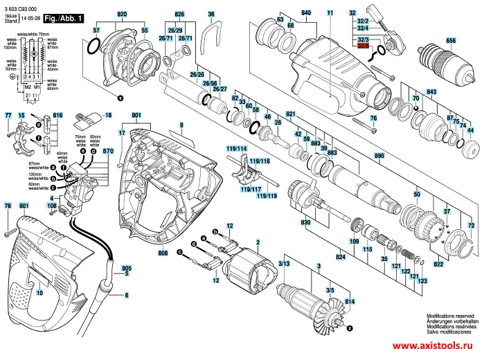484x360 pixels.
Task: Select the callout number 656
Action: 450,41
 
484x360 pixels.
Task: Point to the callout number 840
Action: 306,13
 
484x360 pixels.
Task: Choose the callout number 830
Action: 306,223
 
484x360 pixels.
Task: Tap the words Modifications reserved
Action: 451,313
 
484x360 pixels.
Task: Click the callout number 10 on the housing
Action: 39,293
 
